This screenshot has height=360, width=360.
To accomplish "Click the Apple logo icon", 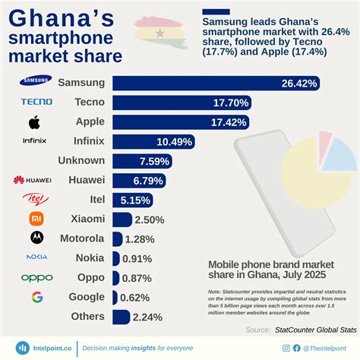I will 33,122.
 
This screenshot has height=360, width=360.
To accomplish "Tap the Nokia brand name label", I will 90,258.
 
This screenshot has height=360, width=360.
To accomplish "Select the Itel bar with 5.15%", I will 132,200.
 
